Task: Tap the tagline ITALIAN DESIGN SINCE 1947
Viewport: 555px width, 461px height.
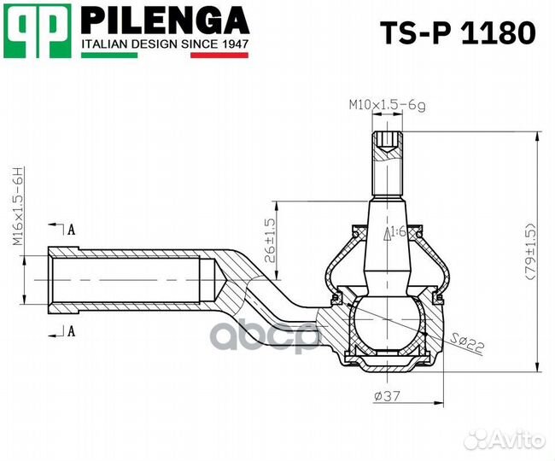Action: pos(164,43)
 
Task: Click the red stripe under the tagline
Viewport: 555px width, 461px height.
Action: pos(219,55)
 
